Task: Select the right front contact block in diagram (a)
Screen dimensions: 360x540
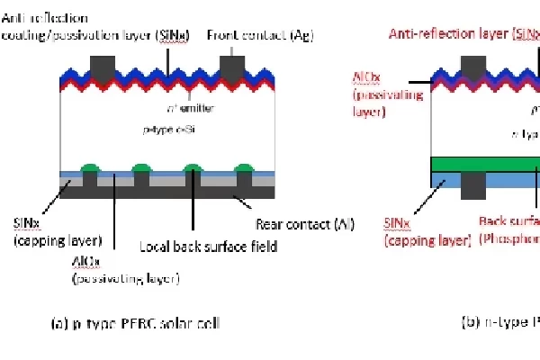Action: [234, 66]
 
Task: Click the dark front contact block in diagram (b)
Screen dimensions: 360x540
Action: [472, 66]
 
